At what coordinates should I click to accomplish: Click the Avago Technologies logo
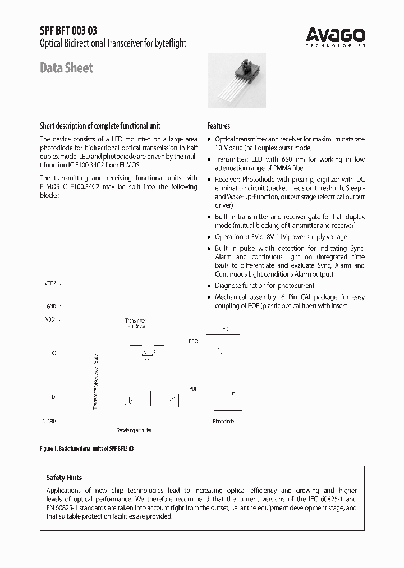click(x=336, y=37)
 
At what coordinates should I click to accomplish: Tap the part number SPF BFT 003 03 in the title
click(x=65, y=31)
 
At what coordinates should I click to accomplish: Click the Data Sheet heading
click(x=66, y=68)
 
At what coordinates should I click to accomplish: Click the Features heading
click(x=218, y=126)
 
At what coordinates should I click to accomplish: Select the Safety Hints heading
click(x=64, y=478)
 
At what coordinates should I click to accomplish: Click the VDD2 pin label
click(x=51, y=284)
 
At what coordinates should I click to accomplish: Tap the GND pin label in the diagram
click(x=51, y=306)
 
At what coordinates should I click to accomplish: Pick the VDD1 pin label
click(x=51, y=319)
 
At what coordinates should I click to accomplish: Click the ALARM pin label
click(x=50, y=421)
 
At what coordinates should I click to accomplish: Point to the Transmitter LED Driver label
click(x=135, y=323)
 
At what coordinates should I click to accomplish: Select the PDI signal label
click(x=193, y=388)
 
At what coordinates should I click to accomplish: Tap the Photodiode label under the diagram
click(x=223, y=421)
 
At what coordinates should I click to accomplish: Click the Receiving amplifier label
click(x=134, y=430)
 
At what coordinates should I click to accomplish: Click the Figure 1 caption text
click(x=87, y=450)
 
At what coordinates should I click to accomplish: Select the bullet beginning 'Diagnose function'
click(x=265, y=286)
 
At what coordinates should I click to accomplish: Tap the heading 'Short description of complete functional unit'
click(x=100, y=126)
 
